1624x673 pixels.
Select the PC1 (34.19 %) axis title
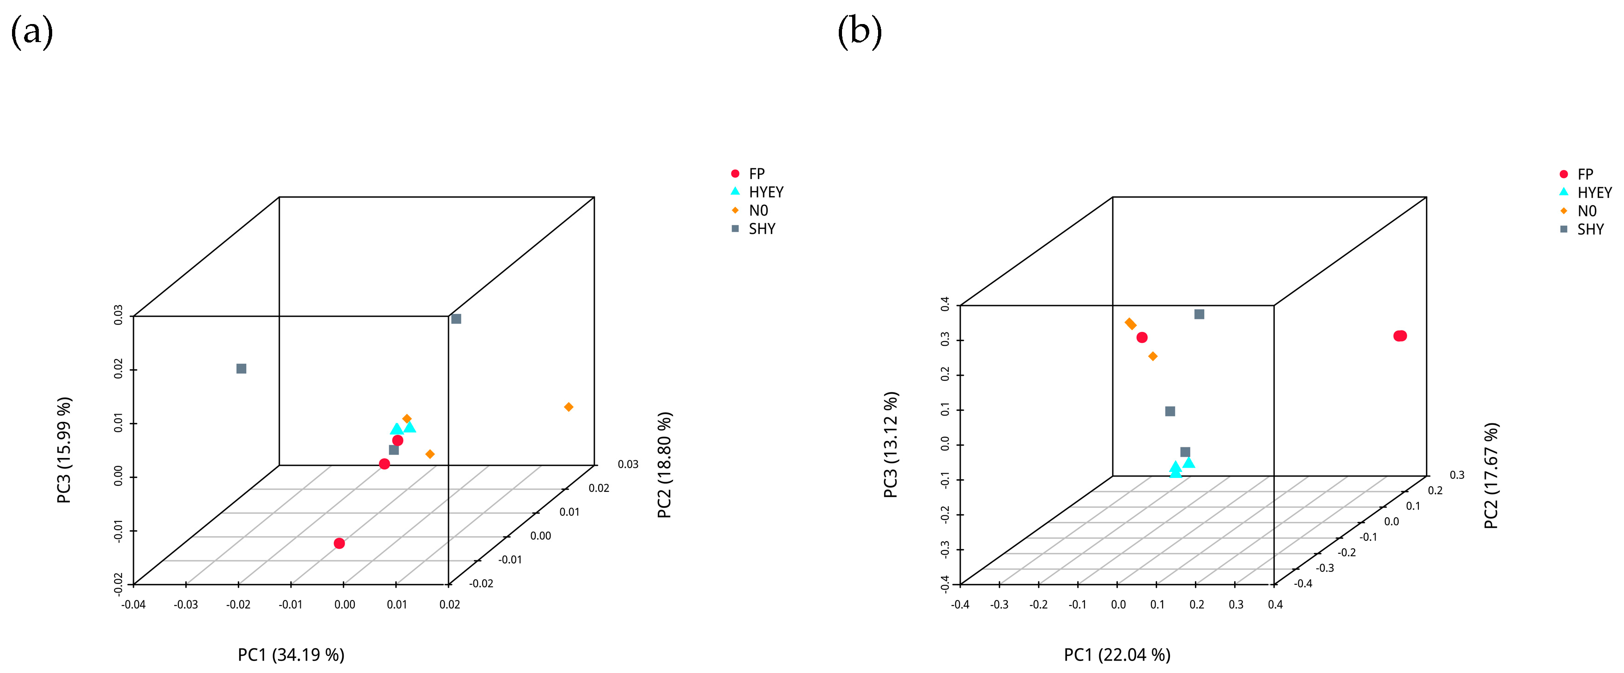[291, 655]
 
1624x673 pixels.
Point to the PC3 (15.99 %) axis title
[64, 450]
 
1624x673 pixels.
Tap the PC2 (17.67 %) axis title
[1491, 476]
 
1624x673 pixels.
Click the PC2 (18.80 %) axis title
[665, 465]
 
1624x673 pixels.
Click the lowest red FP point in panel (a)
[339, 543]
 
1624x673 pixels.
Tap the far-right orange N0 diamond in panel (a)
[569, 407]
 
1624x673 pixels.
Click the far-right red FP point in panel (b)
[1400, 336]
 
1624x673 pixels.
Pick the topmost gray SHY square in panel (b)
[1199, 314]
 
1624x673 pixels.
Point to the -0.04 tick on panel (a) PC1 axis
[133, 604]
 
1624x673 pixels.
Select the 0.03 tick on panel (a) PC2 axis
[627, 464]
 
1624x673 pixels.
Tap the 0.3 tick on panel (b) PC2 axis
[1457, 475]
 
